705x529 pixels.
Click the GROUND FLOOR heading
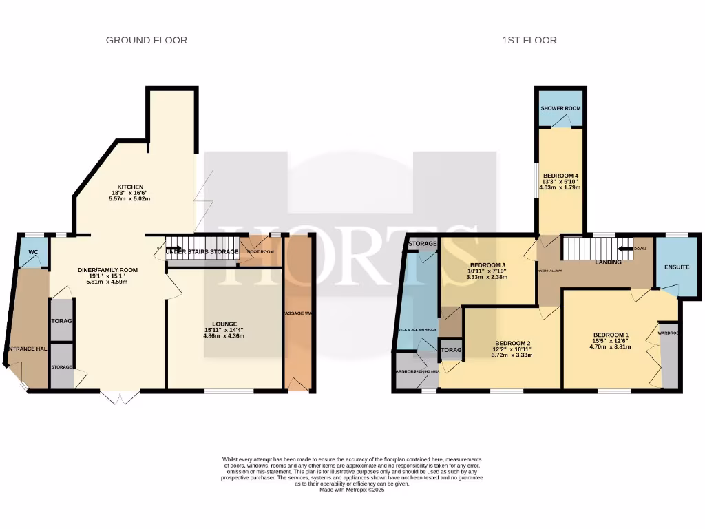coord(146,40)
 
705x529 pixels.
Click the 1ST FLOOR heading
coord(529,40)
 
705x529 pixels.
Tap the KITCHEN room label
coord(130,187)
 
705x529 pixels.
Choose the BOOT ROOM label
coord(261,252)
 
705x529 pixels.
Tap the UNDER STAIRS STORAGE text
coord(202,252)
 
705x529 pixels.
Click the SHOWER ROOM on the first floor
coord(560,109)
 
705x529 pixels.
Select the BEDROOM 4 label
coord(560,176)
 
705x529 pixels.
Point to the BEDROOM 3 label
coord(487,265)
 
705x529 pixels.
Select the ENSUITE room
coord(676,267)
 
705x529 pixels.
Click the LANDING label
coord(608,262)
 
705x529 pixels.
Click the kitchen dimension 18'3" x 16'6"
coord(130,194)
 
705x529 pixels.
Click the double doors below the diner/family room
coord(119,397)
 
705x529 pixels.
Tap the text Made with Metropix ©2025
coord(352,490)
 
